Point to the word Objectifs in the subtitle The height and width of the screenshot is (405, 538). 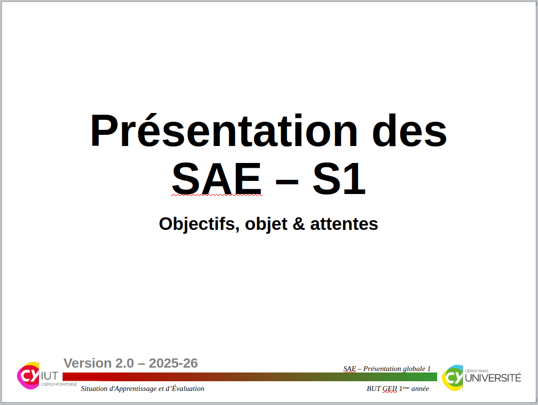click(199, 224)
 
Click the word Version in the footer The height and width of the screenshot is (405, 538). click(88, 363)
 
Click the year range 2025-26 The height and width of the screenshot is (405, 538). click(173, 363)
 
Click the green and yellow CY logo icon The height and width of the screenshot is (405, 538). click(453, 377)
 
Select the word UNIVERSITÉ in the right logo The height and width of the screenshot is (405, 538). click(493, 378)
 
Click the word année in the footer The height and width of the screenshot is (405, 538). click(420, 389)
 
